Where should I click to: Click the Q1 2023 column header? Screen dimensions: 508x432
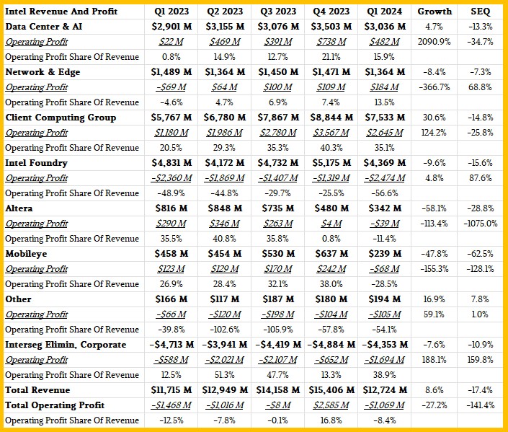pos(171,12)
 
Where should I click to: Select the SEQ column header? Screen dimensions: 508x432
pos(480,12)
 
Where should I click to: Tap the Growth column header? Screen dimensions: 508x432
pos(434,12)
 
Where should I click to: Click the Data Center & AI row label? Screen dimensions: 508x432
pos(44,26)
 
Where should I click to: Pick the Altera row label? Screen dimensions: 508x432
pos(19,208)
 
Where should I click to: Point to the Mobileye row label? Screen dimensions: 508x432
pos(26,254)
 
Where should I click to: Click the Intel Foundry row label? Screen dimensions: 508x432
pos(36,163)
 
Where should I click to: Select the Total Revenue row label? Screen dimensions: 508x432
pos(37,390)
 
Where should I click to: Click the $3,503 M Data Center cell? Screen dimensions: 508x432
pos(331,26)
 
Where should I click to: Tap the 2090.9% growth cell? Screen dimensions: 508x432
pos(434,42)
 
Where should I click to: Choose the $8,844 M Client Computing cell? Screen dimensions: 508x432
pos(331,117)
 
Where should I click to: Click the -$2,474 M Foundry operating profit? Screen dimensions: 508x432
pos(384,178)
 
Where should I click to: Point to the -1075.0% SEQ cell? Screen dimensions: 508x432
pos(480,224)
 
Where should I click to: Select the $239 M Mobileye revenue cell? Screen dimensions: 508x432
pos(384,254)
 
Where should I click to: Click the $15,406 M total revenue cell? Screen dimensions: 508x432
pos(331,390)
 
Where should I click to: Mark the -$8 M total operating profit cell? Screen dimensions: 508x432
pos(278,405)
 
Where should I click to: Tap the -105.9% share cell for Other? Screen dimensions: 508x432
pos(278,330)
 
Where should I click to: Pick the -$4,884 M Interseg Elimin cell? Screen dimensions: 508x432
pos(331,345)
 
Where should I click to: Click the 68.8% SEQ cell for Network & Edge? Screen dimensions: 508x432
pos(480,87)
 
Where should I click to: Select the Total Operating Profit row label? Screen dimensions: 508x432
pos(55,405)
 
